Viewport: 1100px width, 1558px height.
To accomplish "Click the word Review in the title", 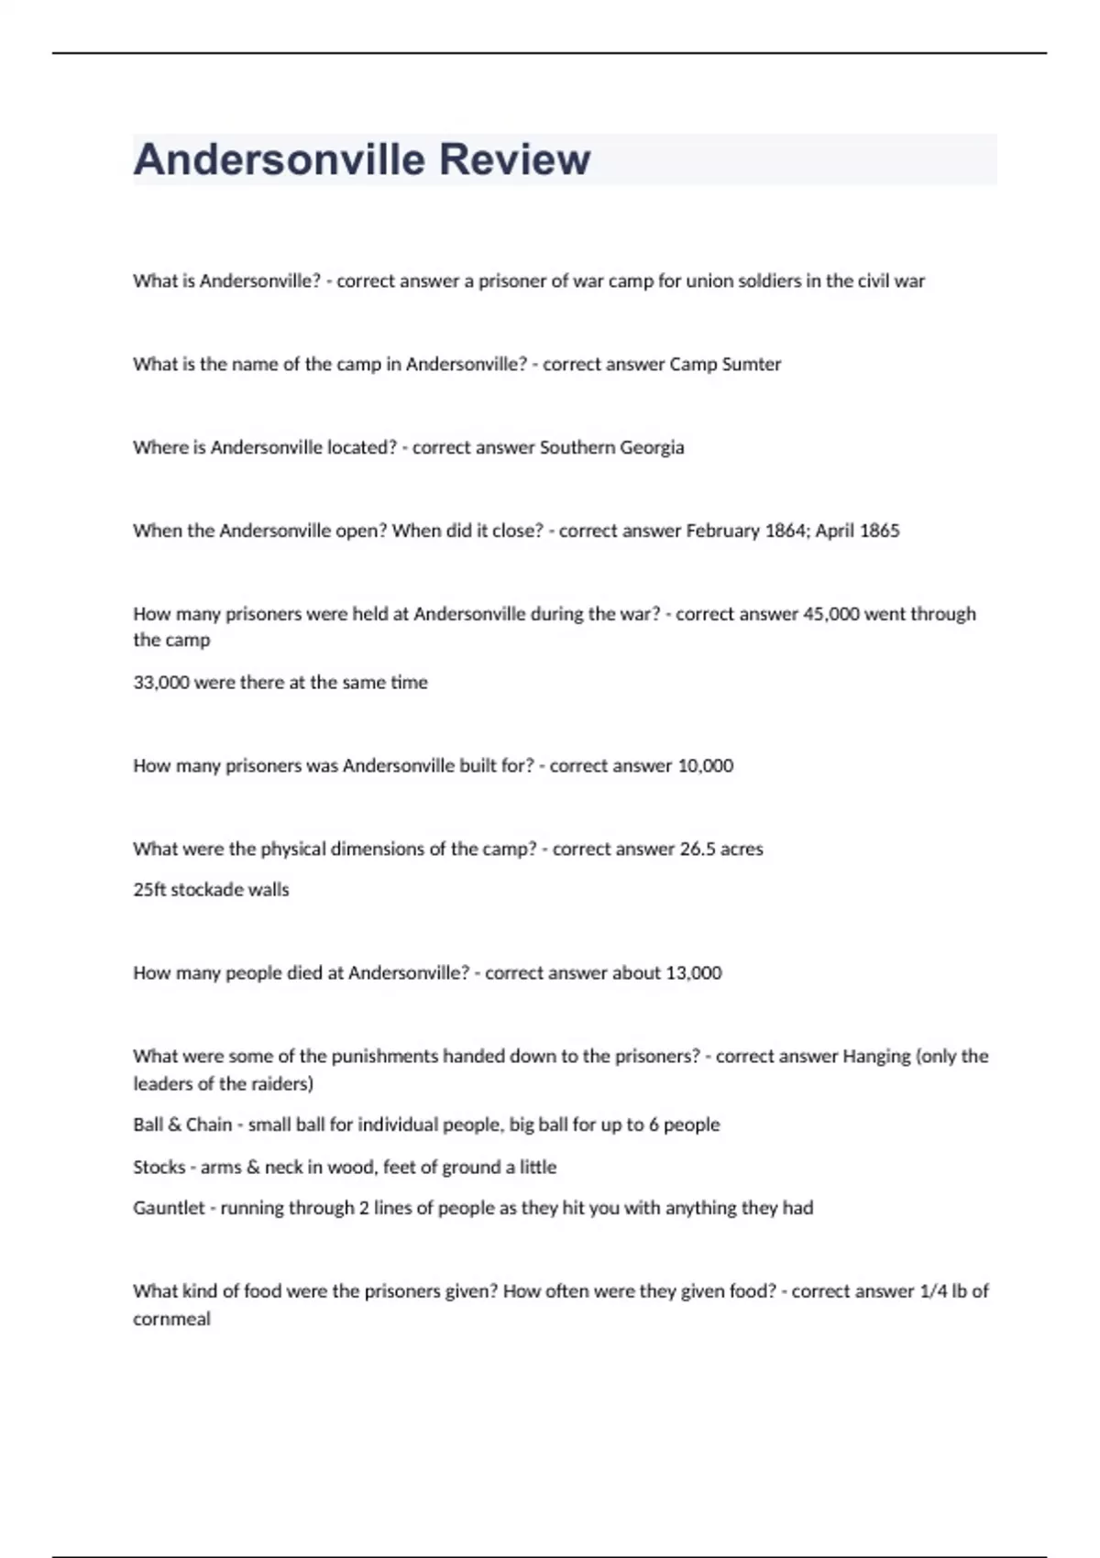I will tap(514, 159).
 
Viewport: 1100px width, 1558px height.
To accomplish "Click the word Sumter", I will tap(752, 364).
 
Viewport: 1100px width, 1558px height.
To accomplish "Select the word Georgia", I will tap(652, 447).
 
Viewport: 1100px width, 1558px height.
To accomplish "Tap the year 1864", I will tap(785, 531).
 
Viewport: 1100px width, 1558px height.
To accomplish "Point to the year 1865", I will tap(879, 531).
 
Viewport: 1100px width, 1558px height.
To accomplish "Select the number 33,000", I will tap(160, 682).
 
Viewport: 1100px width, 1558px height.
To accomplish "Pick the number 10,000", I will tap(705, 765).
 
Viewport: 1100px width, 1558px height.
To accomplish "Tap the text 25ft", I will tap(149, 889).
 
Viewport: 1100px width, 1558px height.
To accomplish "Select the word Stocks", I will tap(159, 1167).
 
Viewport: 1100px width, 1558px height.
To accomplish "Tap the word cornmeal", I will tap(171, 1319).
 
